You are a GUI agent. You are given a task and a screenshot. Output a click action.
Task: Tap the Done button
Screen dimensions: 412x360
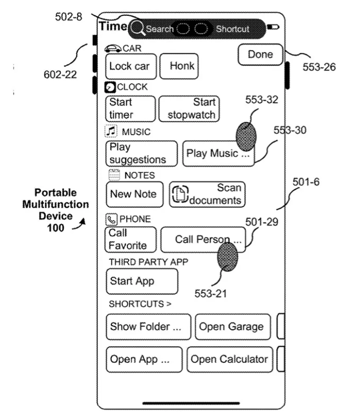pyautogui.click(x=260, y=55)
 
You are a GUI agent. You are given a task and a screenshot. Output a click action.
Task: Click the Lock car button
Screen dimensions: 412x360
pyautogui.click(x=131, y=66)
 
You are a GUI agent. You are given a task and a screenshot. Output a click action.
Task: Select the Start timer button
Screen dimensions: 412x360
pyautogui.click(x=130, y=109)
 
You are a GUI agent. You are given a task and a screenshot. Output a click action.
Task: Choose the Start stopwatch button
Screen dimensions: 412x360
pyautogui.click(x=188, y=109)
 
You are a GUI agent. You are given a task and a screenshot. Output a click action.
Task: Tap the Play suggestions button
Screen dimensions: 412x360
pyautogui.click(x=141, y=153)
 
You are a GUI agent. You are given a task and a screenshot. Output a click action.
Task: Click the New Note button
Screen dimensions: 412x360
pyautogui.click(x=134, y=194)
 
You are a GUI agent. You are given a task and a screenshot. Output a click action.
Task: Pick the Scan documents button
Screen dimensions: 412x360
pyautogui.click(x=207, y=194)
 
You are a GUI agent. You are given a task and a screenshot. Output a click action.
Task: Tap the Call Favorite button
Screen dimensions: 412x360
pyautogui.click(x=131, y=239)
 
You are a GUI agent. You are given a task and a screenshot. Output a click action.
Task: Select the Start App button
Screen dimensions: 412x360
pyautogui.click(x=141, y=281)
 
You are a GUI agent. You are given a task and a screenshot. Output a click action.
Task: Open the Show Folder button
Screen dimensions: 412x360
pyautogui.click(x=148, y=327)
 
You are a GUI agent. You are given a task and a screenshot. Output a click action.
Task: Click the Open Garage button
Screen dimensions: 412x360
pyautogui.click(x=232, y=327)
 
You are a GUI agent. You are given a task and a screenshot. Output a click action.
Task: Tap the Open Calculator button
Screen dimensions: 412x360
pyautogui.click(x=229, y=359)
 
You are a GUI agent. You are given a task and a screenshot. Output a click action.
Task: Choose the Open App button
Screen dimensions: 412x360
pyautogui.click(x=144, y=359)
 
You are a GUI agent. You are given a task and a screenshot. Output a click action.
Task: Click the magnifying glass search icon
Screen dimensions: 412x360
pyautogui.click(x=138, y=28)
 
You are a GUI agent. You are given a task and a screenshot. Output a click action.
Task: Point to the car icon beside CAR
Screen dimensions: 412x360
pyautogui.click(x=113, y=48)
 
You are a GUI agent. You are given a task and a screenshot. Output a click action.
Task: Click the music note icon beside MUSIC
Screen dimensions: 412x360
pyautogui.click(x=111, y=131)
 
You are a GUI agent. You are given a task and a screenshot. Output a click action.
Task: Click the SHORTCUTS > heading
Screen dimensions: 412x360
pyautogui.click(x=140, y=304)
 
